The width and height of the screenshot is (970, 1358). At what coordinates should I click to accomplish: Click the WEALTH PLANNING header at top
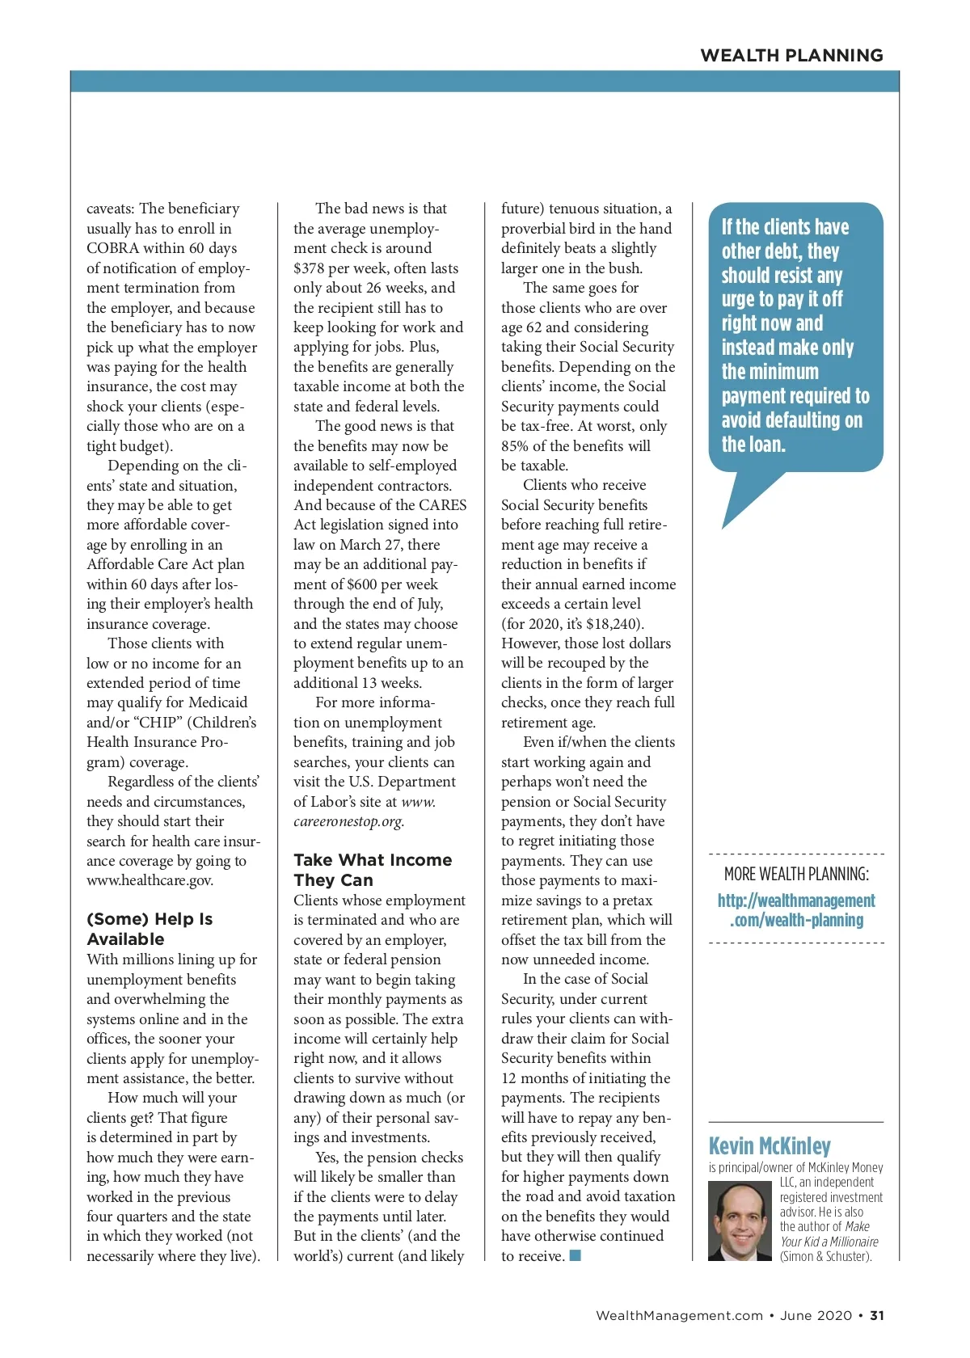[x=791, y=55]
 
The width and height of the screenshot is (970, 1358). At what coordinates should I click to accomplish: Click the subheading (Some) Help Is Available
[x=150, y=929]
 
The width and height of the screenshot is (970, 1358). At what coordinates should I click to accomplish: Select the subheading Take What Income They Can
[x=373, y=870]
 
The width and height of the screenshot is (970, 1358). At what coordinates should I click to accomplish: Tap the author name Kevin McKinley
[x=770, y=1146]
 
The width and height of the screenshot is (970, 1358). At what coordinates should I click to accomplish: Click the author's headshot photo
[x=740, y=1221]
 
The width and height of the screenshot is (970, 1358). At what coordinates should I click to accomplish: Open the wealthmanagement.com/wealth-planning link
[x=796, y=910]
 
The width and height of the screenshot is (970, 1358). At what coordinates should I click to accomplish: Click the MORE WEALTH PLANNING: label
[x=796, y=874]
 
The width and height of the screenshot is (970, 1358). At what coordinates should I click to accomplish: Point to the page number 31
[x=877, y=1315]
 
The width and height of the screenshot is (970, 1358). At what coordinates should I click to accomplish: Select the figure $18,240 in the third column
[x=612, y=624]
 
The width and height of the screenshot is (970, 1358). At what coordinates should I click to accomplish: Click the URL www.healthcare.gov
[x=150, y=880]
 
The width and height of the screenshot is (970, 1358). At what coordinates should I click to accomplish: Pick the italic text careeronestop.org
[x=348, y=821]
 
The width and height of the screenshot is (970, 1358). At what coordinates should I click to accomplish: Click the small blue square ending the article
[x=576, y=1255]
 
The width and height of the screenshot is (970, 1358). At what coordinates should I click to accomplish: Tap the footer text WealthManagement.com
[x=679, y=1315]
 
